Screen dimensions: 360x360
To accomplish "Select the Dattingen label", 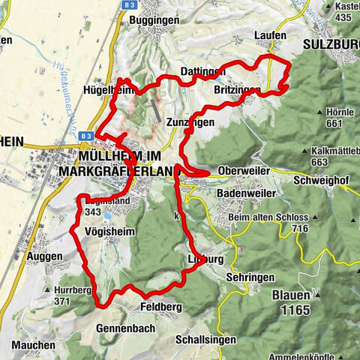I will (x=202, y=72).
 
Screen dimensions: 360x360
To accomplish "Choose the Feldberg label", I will (x=160, y=307).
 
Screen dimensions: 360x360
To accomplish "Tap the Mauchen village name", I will (x=34, y=345).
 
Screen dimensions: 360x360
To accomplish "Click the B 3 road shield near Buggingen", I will (x=124, y=4).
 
